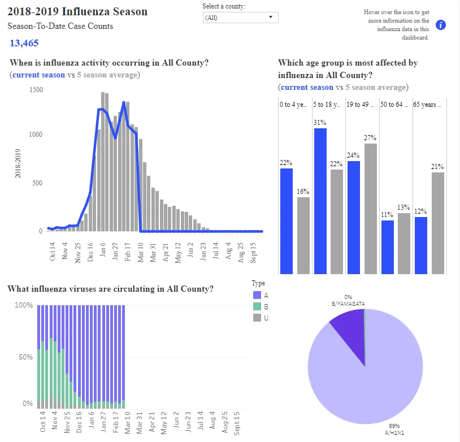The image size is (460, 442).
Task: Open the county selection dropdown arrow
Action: pos(271,17)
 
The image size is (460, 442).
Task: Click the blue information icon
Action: pos(440,25)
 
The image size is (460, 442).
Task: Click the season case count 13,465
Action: pos(24,43)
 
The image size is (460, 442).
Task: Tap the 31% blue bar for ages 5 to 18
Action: pos(320,201)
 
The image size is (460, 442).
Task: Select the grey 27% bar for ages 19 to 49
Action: pos(371,209)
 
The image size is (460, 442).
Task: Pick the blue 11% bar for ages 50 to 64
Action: pos(388,247)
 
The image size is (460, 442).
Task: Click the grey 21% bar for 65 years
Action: pos(438,223)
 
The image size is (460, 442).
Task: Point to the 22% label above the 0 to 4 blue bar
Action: pos(286,163)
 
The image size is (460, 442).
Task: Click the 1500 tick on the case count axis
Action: pos(36,89)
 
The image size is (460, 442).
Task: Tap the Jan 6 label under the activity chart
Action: pos(102,250)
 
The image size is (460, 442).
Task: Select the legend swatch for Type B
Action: pos(257,306)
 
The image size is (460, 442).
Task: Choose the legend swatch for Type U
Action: pos(257,318)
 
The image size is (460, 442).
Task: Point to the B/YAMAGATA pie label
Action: pos(348,304)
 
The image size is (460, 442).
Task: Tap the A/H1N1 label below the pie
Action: pos(394,432)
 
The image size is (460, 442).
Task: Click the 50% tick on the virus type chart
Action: pos(25,357)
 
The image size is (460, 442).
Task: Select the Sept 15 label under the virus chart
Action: pos(236,423)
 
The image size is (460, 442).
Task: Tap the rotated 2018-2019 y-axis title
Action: pos(18,163)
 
